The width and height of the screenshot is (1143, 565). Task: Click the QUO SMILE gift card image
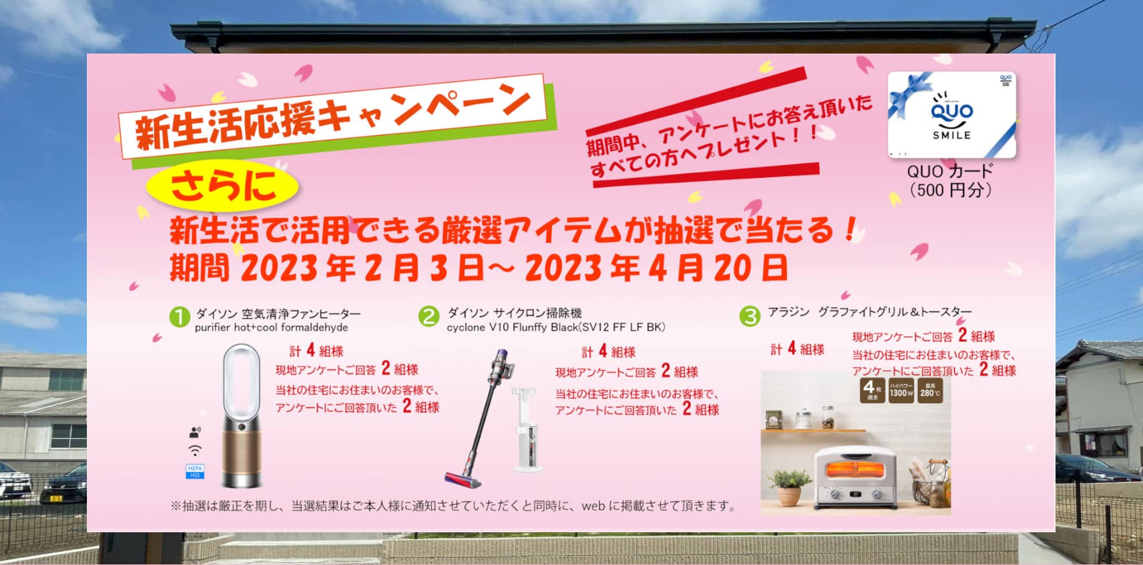951,114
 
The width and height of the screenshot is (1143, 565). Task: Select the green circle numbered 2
429,316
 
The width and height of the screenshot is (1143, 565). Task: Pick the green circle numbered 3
749,316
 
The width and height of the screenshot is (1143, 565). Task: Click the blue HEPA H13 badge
195,472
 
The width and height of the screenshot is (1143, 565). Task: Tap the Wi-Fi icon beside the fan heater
195,450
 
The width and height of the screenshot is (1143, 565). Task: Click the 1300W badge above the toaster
901,391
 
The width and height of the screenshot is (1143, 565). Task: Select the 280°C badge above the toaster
930,391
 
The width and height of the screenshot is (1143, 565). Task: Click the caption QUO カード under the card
950,171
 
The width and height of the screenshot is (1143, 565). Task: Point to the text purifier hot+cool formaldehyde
271,328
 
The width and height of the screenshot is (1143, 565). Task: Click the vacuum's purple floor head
463,480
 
